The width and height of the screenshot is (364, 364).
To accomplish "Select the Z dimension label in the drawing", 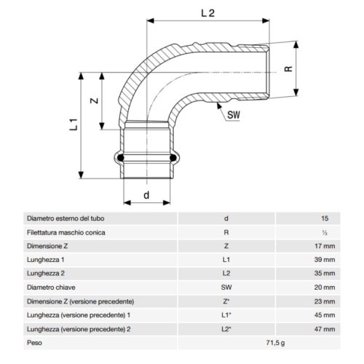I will click(94, 103).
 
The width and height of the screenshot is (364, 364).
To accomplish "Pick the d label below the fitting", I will click(147, 194).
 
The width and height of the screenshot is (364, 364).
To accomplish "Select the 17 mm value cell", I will click(324, 245).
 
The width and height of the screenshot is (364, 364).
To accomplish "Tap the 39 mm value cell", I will click(324, 259).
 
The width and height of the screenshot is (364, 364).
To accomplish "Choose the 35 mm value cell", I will click(324, 273).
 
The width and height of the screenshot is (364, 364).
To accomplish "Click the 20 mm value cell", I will click(324, 287).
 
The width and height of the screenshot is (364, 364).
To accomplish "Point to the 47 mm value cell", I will click(324, 328).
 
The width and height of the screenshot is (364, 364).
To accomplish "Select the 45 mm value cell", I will click(324, 314).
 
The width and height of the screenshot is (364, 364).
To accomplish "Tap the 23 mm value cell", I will click(324, 301).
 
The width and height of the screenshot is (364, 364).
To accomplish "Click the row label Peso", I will click(34, 342).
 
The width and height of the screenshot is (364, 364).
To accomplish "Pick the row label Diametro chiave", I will click(51, 287).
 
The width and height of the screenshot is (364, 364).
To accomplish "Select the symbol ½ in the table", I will click(324, 232).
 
